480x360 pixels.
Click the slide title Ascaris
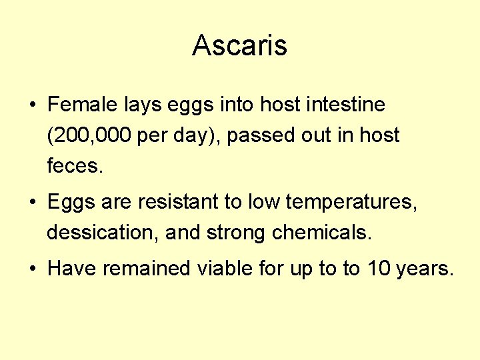coord(239,45)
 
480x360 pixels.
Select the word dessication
coord(101,233)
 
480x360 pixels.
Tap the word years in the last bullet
coord(425,269)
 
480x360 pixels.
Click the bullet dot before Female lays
coord(32,105)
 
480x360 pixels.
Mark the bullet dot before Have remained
coord(32,269)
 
